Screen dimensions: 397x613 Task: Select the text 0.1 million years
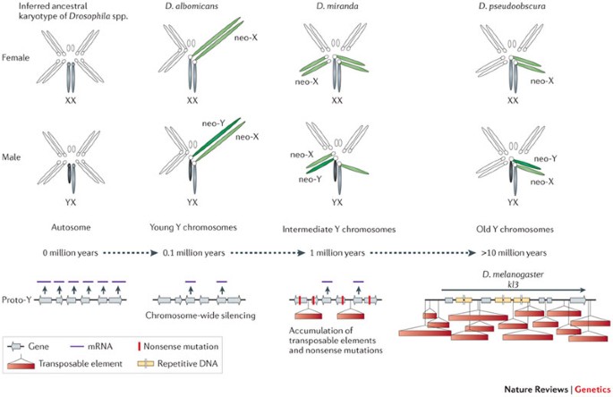click(x=196, y=254)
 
